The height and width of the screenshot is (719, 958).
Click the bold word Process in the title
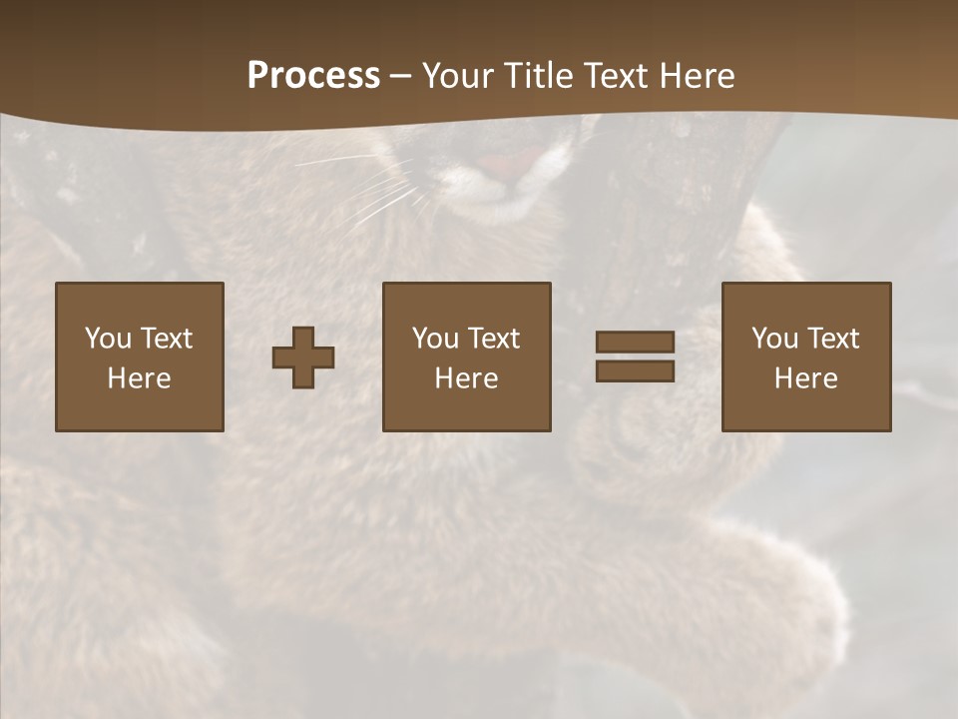pyautogui.click(x=313, y=76)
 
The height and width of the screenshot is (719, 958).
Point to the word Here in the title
pyautogui.click(x=697, y=76)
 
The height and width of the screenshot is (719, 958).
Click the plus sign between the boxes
pyautogui.click(x=303, y=358)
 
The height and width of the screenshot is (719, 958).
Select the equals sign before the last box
pyautogui.click(x=635, y=357)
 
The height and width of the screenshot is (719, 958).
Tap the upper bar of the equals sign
pyautogui.click(x=635, y=342)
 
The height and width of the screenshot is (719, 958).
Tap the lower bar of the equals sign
pyautogui.click(x=635, y=371)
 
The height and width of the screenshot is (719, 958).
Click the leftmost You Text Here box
pyautogui.click(x=139, y=357)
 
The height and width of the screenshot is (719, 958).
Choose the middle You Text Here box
pyautogui.click(x=466, y=357)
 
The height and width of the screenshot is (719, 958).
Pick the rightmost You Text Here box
pyautogui.click(x=805, y=357)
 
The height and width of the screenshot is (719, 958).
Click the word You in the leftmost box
pyautogui.click(x=108, y=339)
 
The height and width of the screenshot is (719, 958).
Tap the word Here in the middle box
pyautogui.click(x=466, y=378)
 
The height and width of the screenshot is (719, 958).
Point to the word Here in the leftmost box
pyautogui.click(x=139, y=378)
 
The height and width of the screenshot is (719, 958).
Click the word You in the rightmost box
pyautogui.click(x=774, y=339)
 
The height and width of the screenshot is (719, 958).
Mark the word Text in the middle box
pyautogui.click(x=495, y=339)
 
